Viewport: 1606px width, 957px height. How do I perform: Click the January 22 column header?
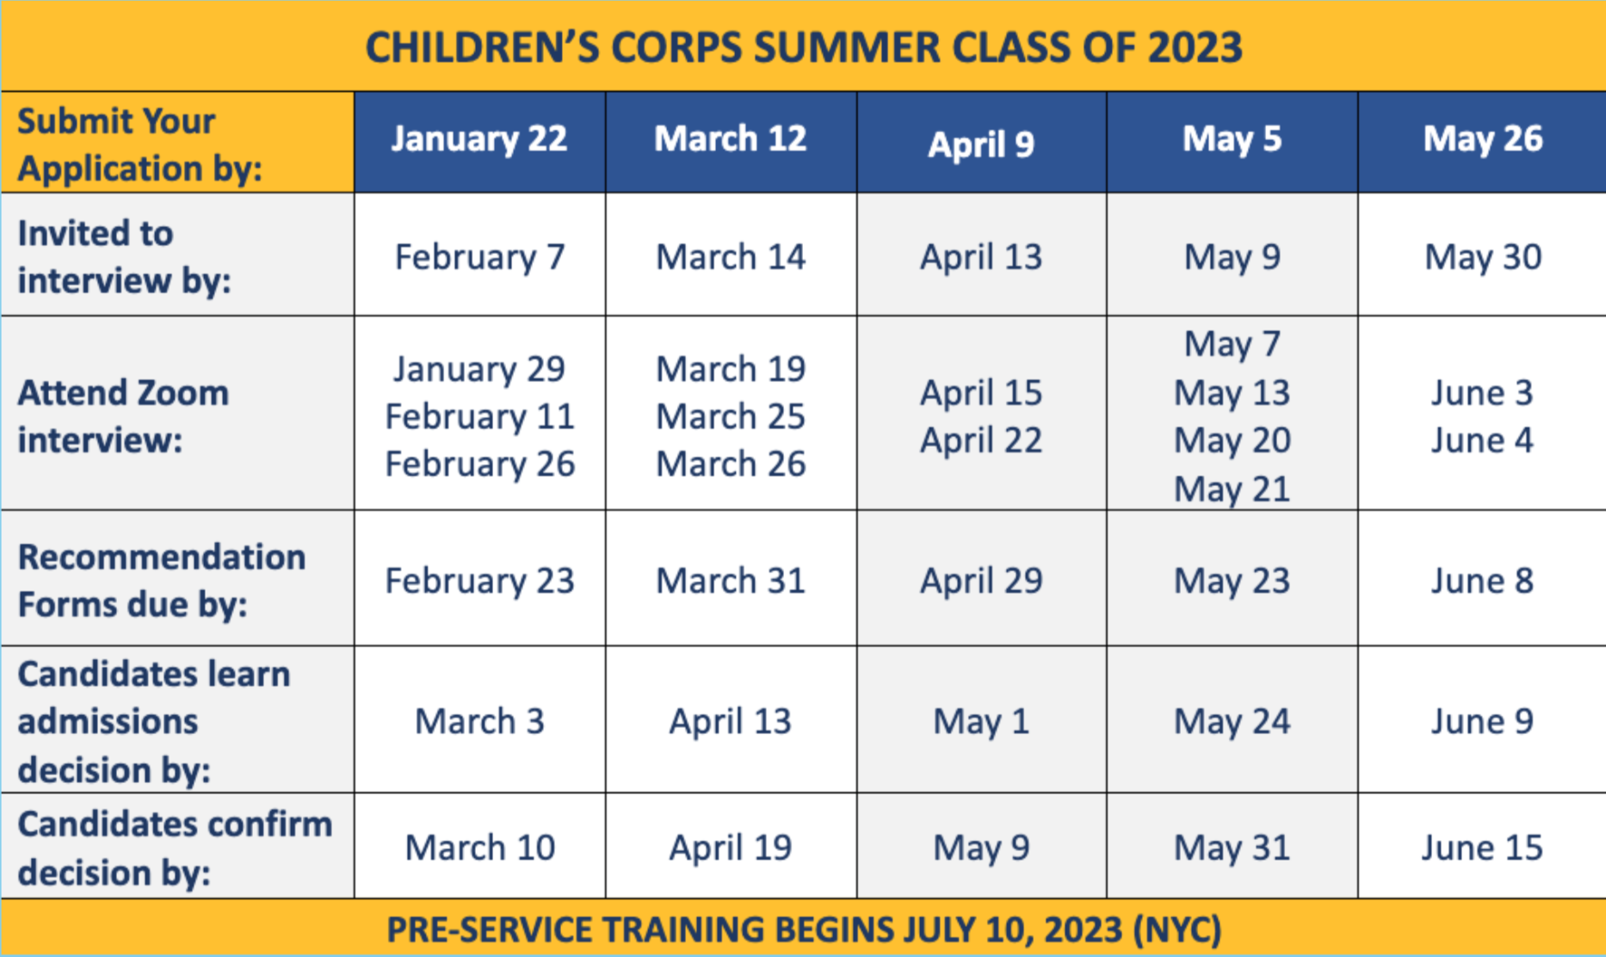[479, 139]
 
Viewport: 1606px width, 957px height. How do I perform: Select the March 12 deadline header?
[730, 139]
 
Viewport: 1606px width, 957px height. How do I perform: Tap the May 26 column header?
[1482, 139]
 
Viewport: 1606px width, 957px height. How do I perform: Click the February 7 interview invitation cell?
[479, 257]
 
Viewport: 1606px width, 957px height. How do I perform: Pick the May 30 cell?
[1482, 257]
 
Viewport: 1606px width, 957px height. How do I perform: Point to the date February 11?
[479, 417]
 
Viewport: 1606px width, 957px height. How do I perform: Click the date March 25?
[730, 417]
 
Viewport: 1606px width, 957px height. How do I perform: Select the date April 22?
[981, 441]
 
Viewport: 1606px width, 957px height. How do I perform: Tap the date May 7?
[1232, 344]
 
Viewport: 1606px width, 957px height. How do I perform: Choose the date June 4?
[1482, 441]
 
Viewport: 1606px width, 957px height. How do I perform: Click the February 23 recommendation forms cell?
[479, 581]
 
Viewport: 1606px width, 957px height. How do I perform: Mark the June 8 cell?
[1482, 581]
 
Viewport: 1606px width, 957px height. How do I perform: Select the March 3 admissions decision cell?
[479, 721]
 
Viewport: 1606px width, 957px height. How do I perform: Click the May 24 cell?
[1232, 721]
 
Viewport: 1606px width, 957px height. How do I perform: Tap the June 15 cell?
[1482, 848]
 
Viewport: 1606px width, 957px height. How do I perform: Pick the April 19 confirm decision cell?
[730, 848]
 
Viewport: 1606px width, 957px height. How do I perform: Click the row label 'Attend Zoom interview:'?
[123, 417]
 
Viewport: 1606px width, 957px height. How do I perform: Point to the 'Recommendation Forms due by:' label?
[161, 581]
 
